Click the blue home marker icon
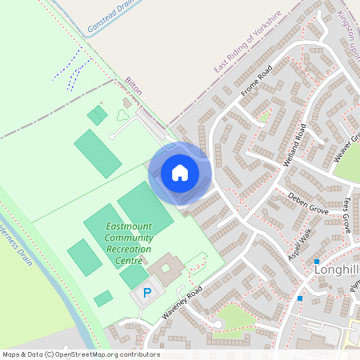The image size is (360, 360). click(x=180, y=172)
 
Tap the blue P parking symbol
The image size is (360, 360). click(x=146, y=293)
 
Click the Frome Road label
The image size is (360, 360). click(x=257, y=82)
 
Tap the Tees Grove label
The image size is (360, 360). click(x=345, y=214)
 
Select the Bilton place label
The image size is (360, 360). click(x=133, y=86)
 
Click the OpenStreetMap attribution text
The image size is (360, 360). click(x=80, y=354)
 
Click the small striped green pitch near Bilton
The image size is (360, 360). click(x=97, y=115)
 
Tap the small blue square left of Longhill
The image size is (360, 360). click(x=317, y=262)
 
